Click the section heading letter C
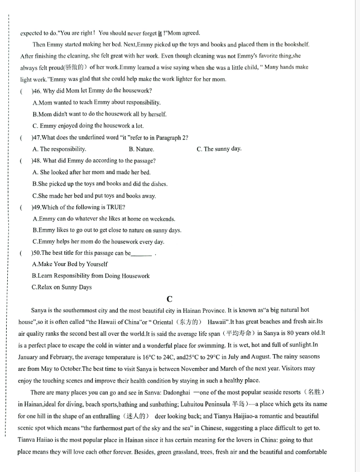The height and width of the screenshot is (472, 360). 170,299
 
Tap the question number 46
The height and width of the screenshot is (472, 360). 37,90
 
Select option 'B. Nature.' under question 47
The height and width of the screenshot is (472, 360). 141,149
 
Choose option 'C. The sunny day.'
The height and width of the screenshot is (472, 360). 219,149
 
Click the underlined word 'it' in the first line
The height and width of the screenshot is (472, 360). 160,33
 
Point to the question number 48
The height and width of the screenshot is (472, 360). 37,161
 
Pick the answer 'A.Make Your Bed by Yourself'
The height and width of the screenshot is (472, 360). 70,264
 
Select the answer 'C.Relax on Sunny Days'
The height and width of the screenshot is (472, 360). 61,287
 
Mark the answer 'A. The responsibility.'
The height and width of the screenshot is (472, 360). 59,149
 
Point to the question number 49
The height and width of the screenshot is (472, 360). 37,207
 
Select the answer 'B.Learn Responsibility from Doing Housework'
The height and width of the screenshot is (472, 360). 91,276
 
